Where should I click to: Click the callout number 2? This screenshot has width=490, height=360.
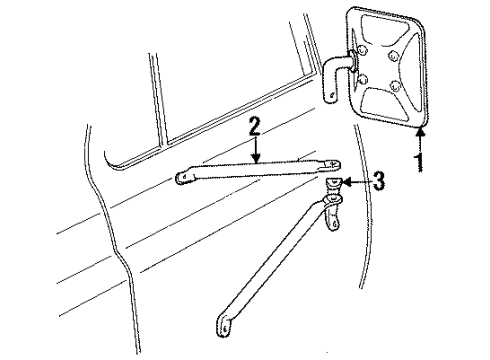pos(255,127)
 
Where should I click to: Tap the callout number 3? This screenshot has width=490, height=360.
pos(378,183)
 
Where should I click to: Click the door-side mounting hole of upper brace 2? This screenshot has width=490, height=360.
pos(185,179)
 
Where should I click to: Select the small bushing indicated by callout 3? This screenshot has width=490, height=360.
pos(335,182)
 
